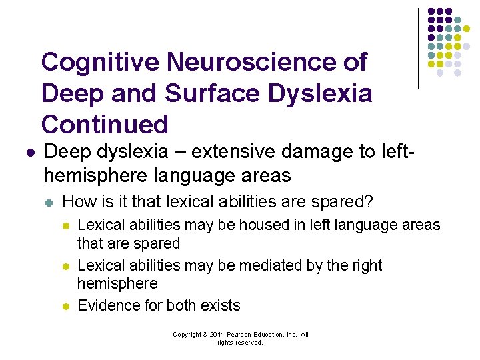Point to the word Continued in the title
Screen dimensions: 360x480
click(x=105, y=124)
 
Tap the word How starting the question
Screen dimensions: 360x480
click(x=77, y=201)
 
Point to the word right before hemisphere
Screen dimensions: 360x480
click(x=365, y=265)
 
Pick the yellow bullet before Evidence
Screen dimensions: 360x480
click(x=66, y=306)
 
